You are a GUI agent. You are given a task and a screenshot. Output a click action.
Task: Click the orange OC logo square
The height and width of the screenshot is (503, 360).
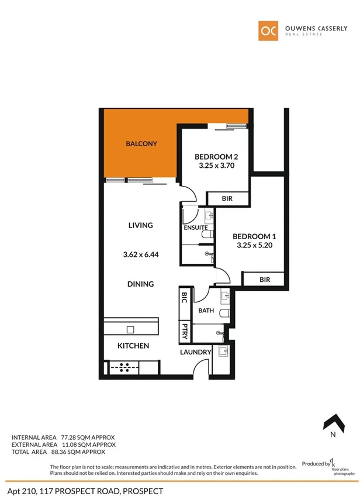[x=268, y=31]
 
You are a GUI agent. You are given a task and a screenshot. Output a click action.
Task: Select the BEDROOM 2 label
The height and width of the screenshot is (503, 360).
[x=216, y=156]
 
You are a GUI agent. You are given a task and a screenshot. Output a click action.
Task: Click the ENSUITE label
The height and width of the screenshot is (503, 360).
[x=196, y=228]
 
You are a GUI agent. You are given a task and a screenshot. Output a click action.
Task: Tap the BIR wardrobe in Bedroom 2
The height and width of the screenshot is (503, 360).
[x=227, y=199]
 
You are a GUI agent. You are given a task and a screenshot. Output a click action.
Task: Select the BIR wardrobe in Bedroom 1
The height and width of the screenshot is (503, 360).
[x=265, y=280]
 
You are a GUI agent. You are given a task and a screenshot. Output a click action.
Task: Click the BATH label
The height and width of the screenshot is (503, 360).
[x=206, y=311]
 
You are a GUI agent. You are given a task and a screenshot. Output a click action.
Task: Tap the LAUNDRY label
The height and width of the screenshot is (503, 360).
[x=196, y=352]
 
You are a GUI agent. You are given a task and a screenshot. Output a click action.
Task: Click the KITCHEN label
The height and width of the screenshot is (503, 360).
[x=133, y=346]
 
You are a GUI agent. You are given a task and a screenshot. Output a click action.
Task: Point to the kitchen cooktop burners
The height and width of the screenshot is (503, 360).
[x=124, y=368]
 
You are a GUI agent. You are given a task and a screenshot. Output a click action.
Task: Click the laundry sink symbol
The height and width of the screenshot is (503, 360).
[x=222, y=352]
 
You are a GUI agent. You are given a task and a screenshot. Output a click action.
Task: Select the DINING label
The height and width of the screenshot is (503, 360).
[x=140, y=284]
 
